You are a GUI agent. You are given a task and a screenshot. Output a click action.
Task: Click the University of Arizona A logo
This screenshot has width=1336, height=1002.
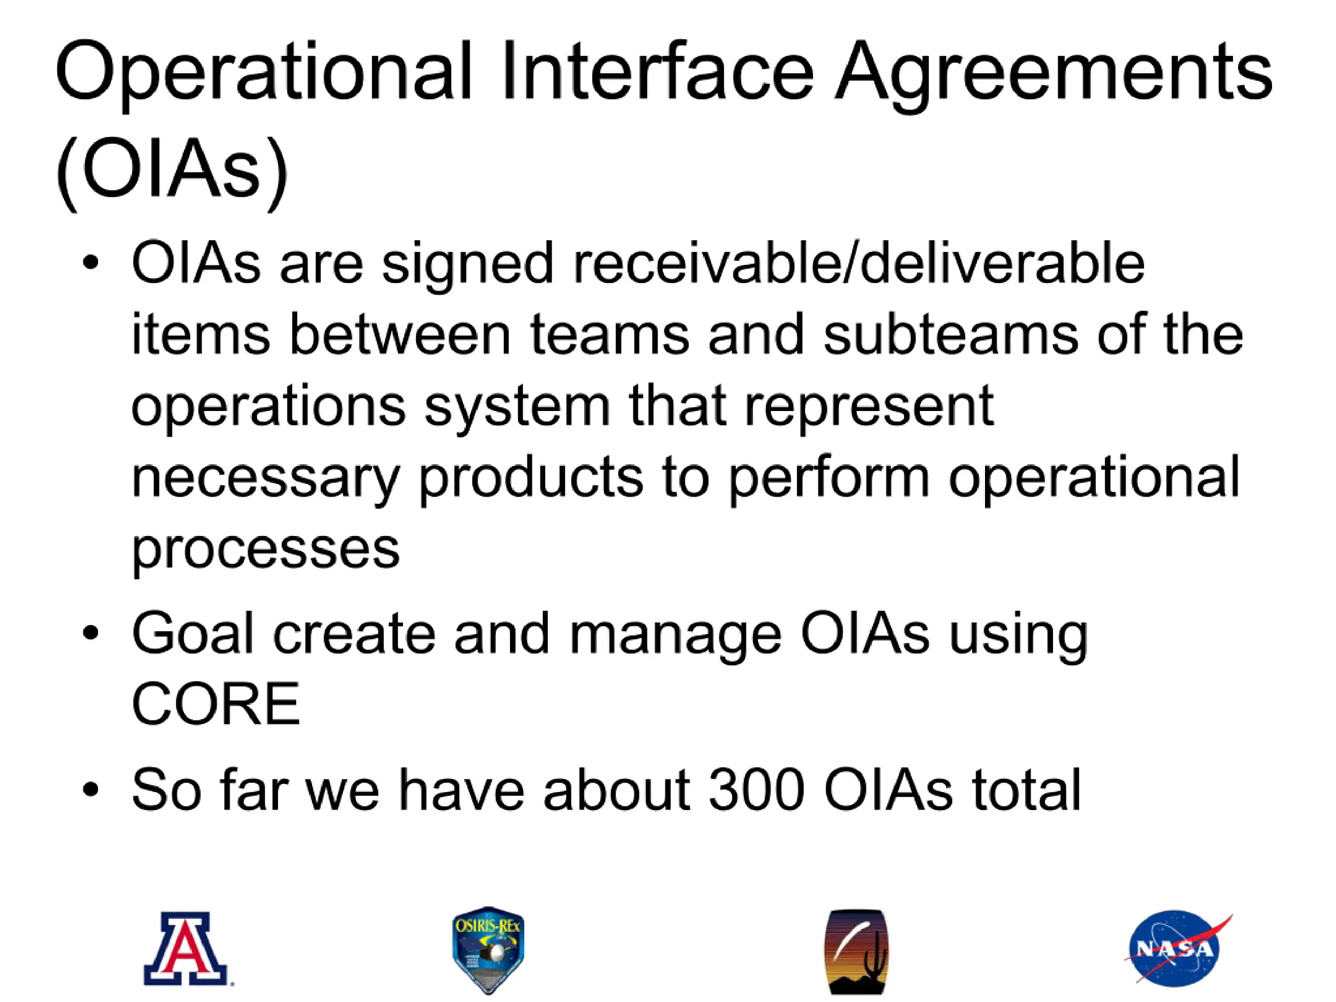coord(188,949)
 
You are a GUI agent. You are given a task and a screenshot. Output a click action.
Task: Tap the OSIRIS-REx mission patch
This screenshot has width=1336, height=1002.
coord(488,950)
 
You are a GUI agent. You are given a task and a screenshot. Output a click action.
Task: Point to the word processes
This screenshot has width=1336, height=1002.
coord(265,550)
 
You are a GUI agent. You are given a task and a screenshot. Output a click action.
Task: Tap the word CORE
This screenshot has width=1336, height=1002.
coord(216,703)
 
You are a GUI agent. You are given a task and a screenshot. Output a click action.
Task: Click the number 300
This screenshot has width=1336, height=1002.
coord(756,790)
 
